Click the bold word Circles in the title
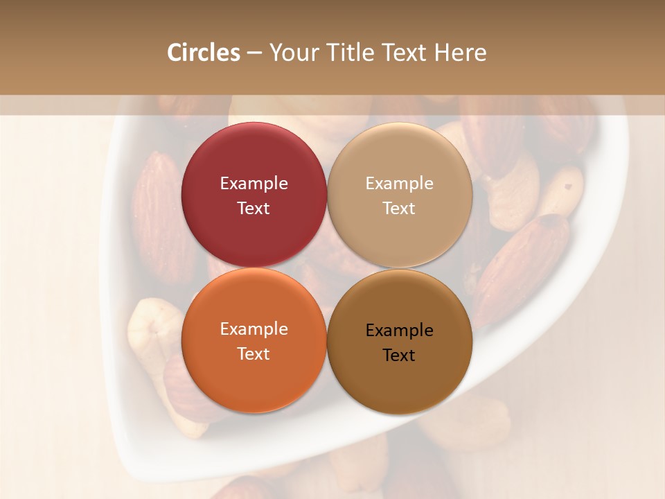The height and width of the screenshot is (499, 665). pos(203,53)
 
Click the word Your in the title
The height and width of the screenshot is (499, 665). pos(294,53)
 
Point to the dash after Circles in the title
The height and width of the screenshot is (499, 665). pos(254,53)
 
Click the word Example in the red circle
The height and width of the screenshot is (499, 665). pos(254,184)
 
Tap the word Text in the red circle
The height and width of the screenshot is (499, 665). pos(254,208)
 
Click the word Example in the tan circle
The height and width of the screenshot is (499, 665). pos(399,184)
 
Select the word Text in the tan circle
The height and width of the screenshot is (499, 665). pos(399,208)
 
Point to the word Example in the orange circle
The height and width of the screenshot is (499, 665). pos(254,329)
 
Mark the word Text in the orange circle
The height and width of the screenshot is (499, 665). pos(254,353)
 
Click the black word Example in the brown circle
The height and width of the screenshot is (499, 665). pos(399,331)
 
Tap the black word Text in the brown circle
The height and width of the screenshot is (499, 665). pos(399,355)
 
